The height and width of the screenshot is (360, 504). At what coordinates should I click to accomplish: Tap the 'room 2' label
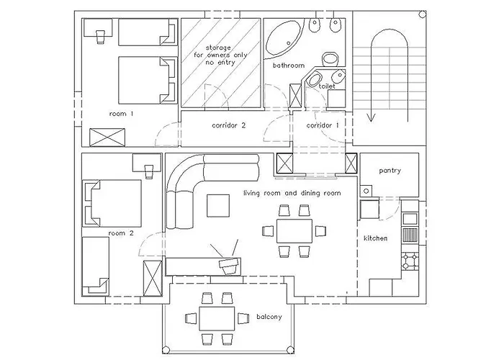click(x=121, y=233)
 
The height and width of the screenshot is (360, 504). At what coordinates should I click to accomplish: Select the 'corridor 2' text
click(x=230, y=125)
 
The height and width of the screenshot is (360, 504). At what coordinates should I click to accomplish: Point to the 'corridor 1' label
click(x=323, y=125)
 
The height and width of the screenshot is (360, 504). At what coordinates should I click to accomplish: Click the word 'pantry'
click(x=390, y=171)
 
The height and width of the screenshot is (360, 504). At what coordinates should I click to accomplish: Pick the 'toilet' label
click(x=327, y=85)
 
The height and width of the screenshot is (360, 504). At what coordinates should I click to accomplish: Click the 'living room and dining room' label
click(x=292, y=194)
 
